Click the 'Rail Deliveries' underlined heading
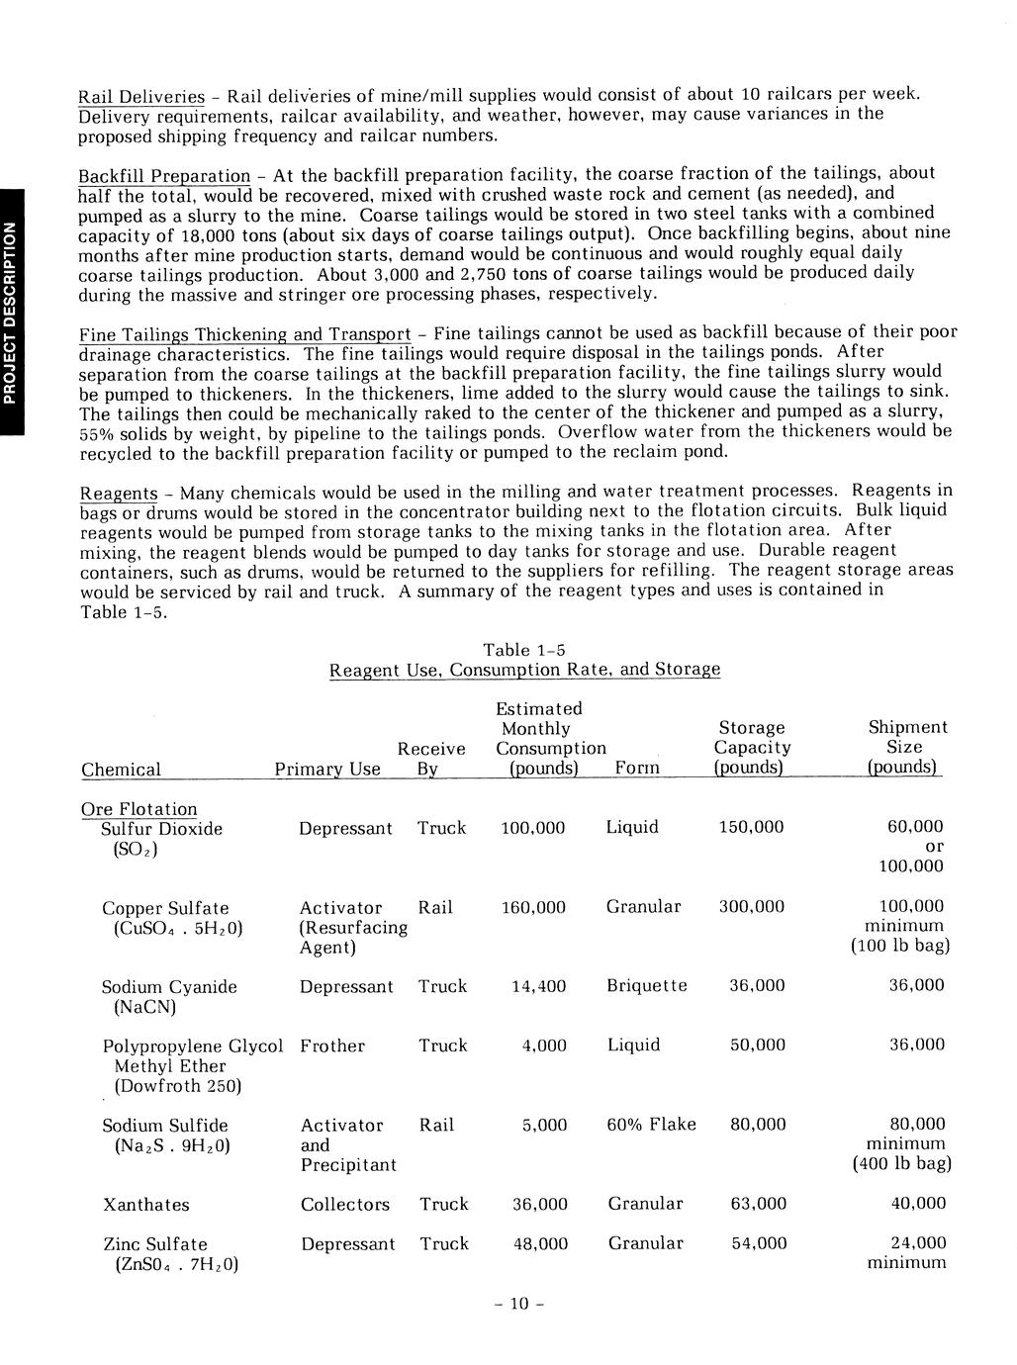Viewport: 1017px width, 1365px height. tap(141, 97)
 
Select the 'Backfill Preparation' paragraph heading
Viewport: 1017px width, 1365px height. tap(164, 176)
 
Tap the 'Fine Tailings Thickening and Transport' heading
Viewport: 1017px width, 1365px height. tap(244, 333)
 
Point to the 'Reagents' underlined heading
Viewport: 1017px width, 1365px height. tap(119, 493)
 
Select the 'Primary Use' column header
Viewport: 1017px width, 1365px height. tap(326, 769)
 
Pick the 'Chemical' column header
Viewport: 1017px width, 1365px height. tap(121, 770)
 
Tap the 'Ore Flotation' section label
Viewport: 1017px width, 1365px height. tap(139, 809)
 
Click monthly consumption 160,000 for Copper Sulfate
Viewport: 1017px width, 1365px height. tap(534, 907)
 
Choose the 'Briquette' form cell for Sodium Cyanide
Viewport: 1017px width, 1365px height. tap(647, 986)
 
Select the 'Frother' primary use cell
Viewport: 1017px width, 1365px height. tap(332, 1046)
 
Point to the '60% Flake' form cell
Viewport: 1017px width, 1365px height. tap(652, 1125)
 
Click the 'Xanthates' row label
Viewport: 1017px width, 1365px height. tap(145, 1205)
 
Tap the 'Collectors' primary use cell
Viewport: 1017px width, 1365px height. tap(345, 1204)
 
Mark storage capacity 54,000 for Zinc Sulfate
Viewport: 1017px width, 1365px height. tap(759, 1243)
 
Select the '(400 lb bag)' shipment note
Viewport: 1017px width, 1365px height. tap(901, 1164)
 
